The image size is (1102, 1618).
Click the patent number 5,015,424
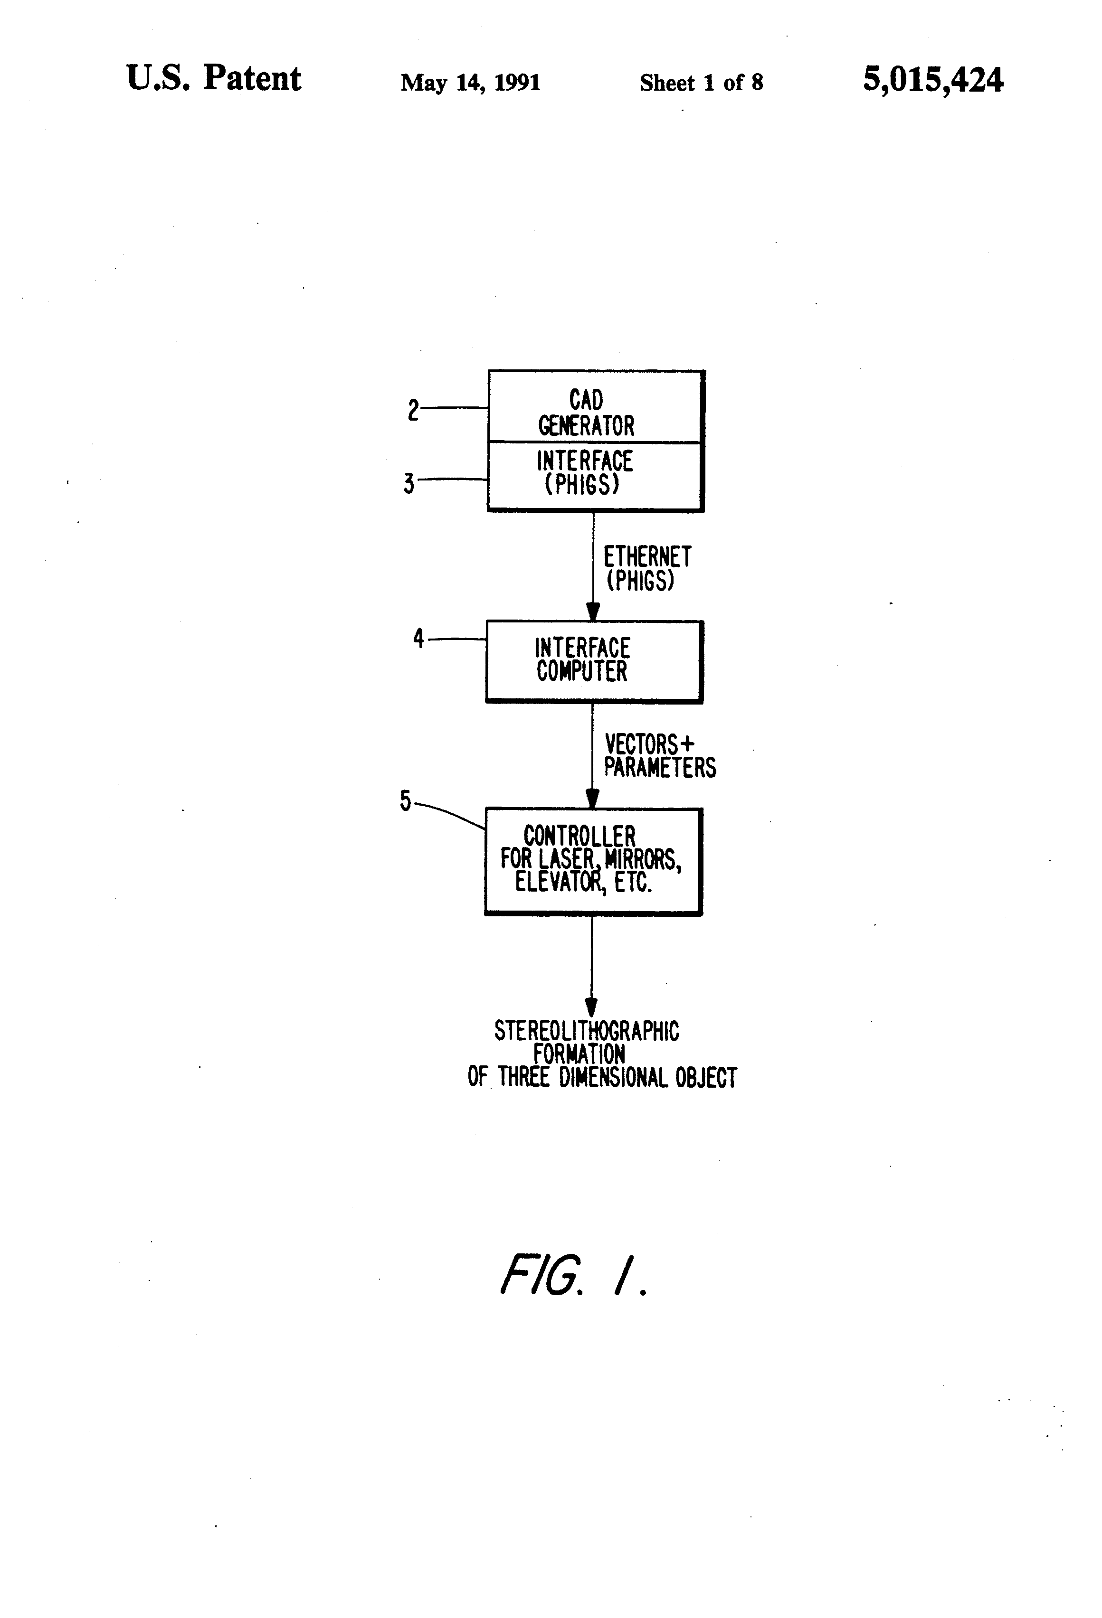click(933, 80)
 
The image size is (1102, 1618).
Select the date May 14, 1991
click(470, 83)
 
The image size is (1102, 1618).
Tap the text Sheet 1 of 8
click(702, 83)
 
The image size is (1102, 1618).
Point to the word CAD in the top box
click(586, 400)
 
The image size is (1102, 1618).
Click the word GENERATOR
click(587, 425)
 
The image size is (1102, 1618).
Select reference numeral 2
click(413, 410)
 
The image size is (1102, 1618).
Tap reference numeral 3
click(409, 483)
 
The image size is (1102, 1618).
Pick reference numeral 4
click(418, 639)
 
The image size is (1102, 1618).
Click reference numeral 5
click(406, 801)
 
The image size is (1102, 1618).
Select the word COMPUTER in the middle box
click(582, 671)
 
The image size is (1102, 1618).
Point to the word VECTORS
click(641, 744)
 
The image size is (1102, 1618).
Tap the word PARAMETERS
click(660, 767)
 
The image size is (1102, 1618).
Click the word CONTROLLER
click(579, 836)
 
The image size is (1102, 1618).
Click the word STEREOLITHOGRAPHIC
click(587, 1031)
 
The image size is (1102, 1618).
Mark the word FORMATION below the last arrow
click(579, 1054)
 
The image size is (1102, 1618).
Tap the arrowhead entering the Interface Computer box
click(593, 611)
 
